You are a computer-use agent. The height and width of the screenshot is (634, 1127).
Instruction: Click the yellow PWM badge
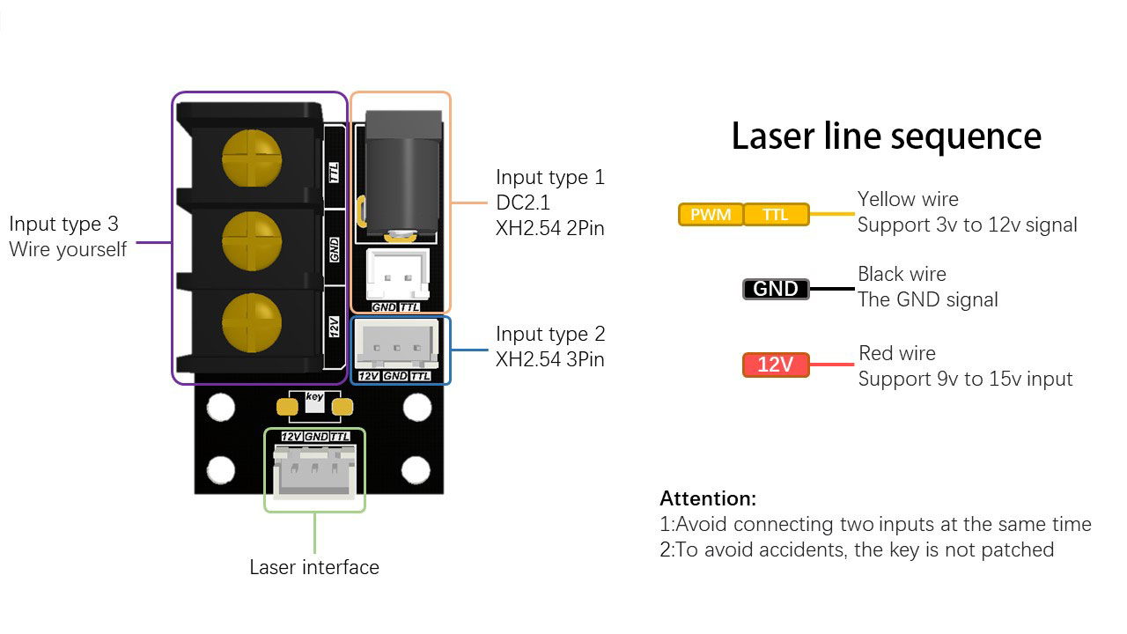(711, 214)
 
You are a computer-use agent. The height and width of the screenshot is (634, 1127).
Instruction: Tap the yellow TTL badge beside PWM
(776, 214)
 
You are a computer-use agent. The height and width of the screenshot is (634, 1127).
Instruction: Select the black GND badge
(776, 289)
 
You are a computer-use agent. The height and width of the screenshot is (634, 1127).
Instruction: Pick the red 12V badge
(776, 365)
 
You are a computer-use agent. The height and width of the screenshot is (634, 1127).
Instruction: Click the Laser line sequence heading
(886, 136)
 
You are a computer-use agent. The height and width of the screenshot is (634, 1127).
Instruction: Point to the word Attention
(708, 498)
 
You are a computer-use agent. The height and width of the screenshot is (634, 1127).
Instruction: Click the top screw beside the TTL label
(252, 158)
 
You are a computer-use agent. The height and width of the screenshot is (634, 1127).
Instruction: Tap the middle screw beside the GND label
(252, 240)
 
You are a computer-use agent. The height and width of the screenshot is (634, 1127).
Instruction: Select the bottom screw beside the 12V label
(252, 322)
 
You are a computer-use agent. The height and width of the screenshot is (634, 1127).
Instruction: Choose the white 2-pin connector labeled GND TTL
(397, 275)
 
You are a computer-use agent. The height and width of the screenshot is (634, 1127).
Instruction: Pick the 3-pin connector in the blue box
(396, 343)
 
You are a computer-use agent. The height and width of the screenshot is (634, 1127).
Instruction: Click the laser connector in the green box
(314, 471)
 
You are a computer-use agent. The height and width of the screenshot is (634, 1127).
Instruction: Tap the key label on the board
(314, 396)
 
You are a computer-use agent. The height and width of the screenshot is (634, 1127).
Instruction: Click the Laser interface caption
(314, 567)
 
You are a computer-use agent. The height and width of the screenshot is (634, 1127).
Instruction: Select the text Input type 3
(64, 224)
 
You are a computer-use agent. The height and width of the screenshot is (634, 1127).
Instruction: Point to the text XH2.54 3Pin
(550, 359)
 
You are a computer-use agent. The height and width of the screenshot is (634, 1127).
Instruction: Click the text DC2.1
(523, 203)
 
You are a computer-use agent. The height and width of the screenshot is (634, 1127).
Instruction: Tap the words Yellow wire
(908, 199)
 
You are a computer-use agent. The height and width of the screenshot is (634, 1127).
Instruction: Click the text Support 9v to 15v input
(966, 379)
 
